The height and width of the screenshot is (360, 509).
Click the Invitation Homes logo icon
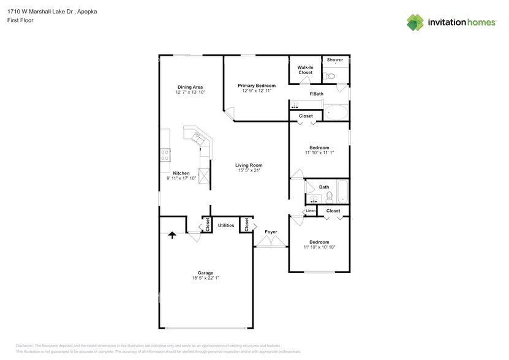pos(416,22)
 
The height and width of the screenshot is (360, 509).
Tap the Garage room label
pos(205,272)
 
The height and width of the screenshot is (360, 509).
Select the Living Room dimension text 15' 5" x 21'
pos(250,171)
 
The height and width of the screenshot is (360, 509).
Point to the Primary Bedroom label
pos(257,85)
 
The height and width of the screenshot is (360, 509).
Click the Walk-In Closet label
pos(305,70)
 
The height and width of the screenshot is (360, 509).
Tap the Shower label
pos(334,60)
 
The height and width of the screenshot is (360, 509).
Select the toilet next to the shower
pos(330,76)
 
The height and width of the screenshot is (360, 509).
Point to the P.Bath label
pos(316,94)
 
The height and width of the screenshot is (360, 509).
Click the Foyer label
pos(271,232)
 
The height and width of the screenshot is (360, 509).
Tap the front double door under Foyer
pos(271,243)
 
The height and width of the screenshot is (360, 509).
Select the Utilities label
pos(226,225)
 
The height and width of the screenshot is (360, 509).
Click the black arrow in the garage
pos(172,234)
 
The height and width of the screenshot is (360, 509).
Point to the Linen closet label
pos(311,211)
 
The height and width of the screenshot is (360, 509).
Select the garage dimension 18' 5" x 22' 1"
pos(205,278)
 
